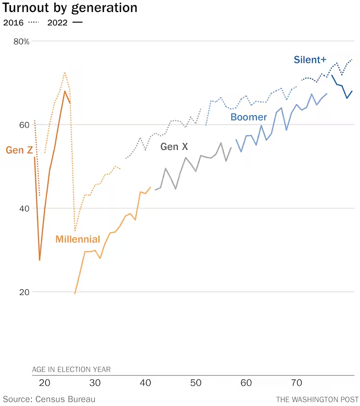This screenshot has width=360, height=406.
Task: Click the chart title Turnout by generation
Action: [70, 8]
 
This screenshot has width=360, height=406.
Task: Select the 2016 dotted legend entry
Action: [21, 22]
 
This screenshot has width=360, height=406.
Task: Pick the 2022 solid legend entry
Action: [65, 22]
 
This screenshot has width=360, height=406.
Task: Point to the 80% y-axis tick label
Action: [21, 41]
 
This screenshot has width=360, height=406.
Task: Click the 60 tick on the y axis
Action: [23, 125]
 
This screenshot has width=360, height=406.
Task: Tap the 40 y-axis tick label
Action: [23, 208]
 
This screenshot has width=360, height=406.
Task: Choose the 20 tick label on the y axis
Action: [23, 292]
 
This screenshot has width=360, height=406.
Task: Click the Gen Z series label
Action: [19, 150]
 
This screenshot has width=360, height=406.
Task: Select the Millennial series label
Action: [78, 239]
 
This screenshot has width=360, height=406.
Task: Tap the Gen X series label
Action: [174, 147]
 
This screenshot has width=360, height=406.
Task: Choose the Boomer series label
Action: [249, 117]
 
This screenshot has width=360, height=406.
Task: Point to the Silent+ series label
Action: [310, 60]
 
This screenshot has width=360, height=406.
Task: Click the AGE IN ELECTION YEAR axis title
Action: [71, 370]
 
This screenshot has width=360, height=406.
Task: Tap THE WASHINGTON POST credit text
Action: [315, 399]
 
